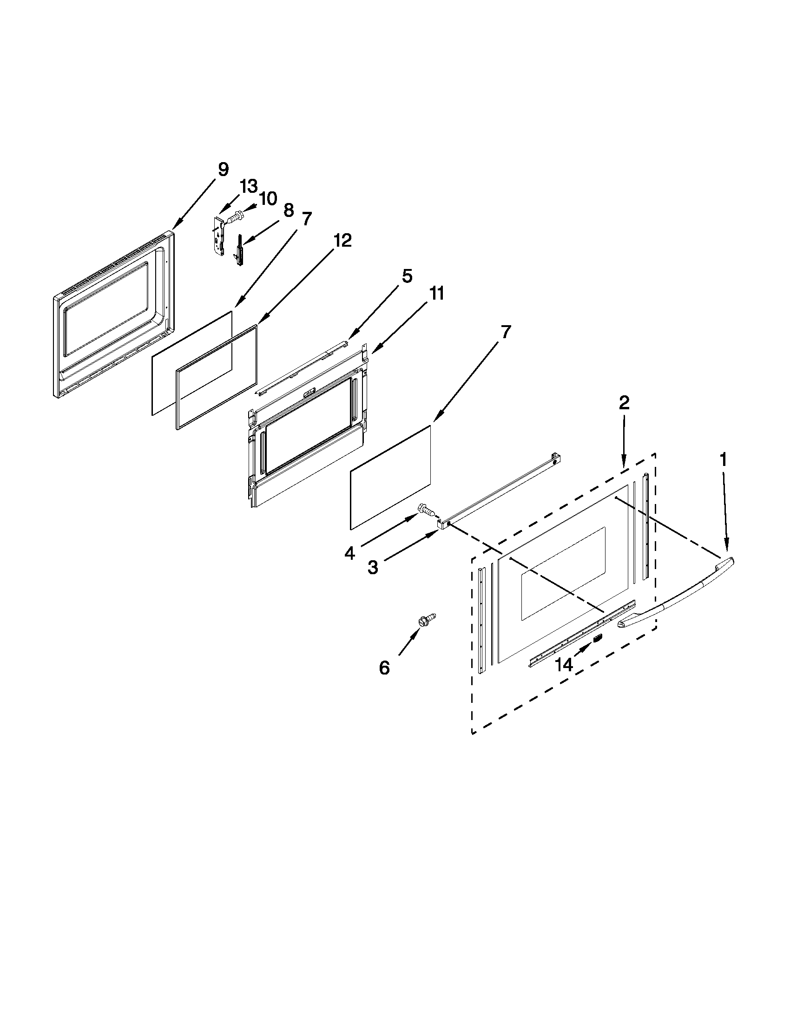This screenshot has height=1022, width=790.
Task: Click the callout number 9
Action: point(223,170)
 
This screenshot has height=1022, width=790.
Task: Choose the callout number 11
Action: point(436,294)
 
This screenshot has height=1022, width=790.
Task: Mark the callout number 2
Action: point(624,402)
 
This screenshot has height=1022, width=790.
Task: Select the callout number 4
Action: point(349,554)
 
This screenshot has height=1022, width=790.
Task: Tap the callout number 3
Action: point(373,568)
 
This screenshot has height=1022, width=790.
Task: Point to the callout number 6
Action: point(384,668)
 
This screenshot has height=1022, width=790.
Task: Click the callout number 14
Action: point(564,664)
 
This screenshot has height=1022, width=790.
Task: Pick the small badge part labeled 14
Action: point(598,638)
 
